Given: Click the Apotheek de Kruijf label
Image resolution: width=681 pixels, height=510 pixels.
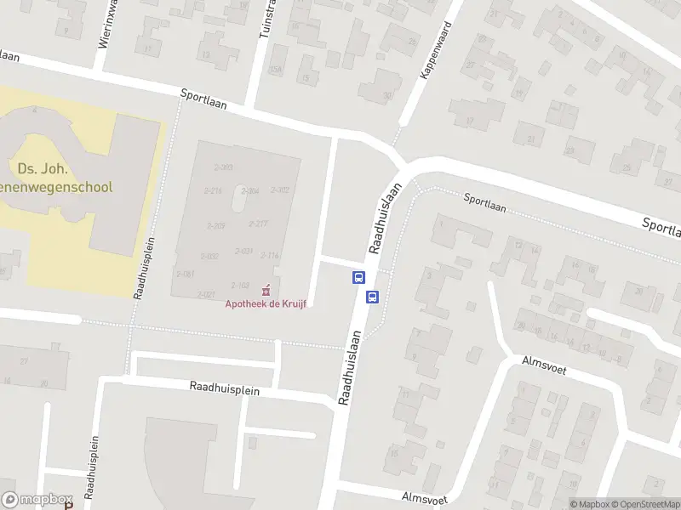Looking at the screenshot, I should (265, 304).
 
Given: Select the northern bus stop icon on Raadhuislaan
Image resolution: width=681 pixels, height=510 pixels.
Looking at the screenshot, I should (358, 277).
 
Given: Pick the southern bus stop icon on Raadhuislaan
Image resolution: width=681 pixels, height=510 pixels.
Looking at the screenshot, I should (372, 297).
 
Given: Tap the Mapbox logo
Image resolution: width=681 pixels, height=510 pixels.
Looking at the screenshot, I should (37, 500).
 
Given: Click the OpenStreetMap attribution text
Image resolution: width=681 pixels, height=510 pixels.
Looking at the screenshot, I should (638, 504).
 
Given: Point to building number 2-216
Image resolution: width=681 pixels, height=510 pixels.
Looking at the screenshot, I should (213, 191).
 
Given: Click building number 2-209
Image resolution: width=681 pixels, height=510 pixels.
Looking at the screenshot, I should (216, 226).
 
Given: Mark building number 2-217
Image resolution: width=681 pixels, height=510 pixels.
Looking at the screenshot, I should (258, 224).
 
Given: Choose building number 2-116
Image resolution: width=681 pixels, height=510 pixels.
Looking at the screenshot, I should (270, 255).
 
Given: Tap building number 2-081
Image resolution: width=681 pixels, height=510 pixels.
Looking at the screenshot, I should (186, 274).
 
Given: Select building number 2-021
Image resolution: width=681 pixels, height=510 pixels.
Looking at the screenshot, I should (206, 294).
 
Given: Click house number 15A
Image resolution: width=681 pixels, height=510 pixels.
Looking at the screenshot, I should (275, 71).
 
